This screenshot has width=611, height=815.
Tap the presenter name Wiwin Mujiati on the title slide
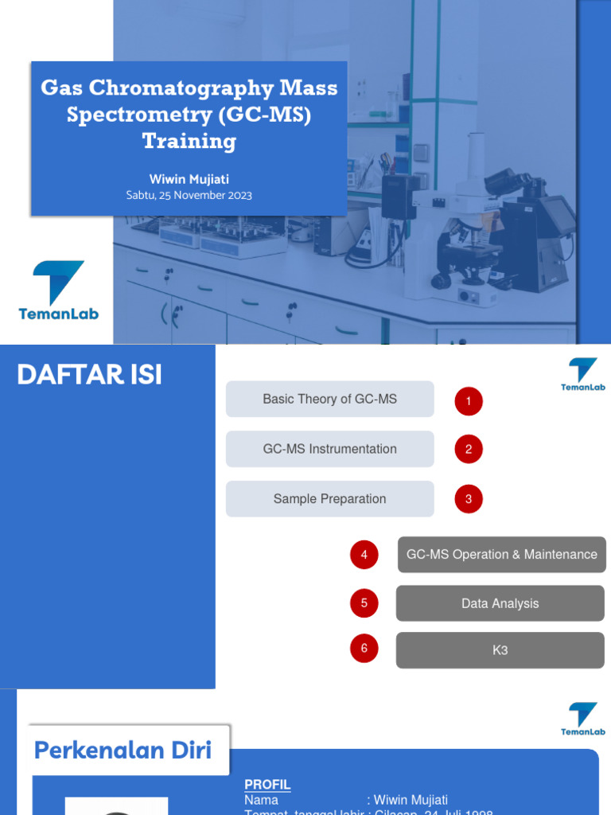189,179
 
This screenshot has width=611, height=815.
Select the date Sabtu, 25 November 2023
189,195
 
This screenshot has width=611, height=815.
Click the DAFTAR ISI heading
89,375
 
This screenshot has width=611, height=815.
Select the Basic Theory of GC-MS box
329,399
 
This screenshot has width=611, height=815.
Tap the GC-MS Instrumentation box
329,449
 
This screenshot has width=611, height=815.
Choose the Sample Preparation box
329,499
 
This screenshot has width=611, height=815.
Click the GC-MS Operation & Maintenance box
501,555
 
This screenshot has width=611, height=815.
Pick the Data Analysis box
500,603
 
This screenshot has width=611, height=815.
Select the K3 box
500,650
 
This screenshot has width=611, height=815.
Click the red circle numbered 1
469,401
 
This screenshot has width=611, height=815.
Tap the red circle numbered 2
469,450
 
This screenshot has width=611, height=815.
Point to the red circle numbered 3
469,500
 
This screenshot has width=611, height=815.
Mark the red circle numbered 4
364,555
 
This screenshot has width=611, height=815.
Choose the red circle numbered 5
364,603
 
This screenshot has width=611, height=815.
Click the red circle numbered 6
364,649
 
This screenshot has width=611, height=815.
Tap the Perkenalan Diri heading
123,750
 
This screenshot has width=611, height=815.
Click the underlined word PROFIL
267,785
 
